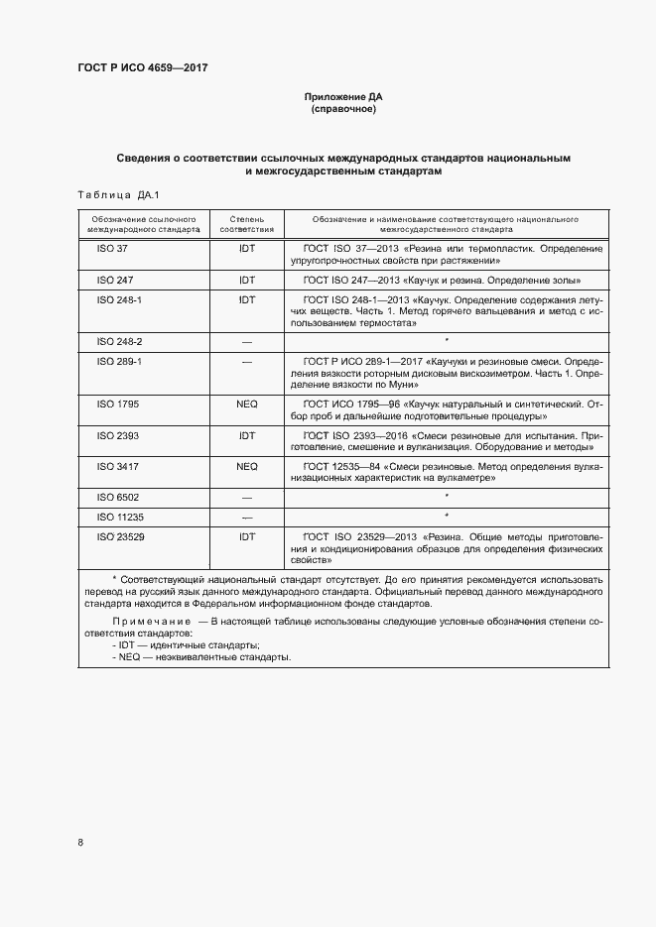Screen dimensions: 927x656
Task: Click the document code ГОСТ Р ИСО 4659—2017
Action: coord(142,67)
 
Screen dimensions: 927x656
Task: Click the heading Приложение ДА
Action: coord(342,97)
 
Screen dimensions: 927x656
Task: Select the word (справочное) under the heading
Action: coord(342,109)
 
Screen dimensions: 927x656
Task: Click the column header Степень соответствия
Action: coord(246,222)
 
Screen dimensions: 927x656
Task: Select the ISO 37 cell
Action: coord(112,248)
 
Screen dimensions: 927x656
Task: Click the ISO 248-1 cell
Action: coord(119,299)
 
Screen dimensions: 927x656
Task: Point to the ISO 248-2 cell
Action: coord(119,341)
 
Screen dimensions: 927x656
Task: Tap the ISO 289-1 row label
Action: coord(119,362)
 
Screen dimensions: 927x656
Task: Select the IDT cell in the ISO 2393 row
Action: coord(247,435)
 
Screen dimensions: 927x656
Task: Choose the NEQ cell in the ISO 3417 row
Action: coord(247,466)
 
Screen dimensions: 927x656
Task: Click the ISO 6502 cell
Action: coord(118,496)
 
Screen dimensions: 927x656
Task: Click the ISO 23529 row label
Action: coord(121,535)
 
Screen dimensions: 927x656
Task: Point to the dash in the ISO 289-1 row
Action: coord(247,362)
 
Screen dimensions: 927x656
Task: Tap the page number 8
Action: coord(80,843)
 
